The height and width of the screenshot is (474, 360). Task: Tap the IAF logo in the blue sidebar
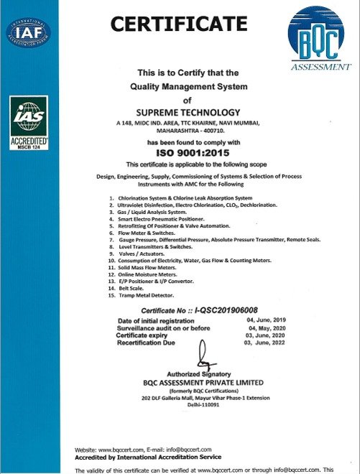(27, 32)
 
